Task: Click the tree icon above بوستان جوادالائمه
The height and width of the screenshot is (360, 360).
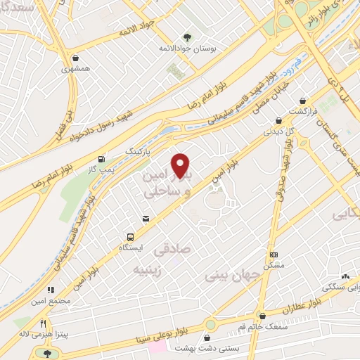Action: click(x=187, y=37)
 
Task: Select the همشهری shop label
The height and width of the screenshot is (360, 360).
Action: click(x=75, y=69)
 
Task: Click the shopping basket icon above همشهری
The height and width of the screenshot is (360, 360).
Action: click(x=75, y=58)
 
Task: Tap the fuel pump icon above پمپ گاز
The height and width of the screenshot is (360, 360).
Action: click(x=103, y=158)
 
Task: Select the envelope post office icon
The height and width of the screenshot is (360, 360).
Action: click(x=146, y=219)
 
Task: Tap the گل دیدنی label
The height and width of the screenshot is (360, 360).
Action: click(x=277, y=130)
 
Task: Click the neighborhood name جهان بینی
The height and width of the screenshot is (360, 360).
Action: click(x=227, y=276)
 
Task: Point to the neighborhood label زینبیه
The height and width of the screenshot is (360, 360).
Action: click(x=154, y=269)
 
